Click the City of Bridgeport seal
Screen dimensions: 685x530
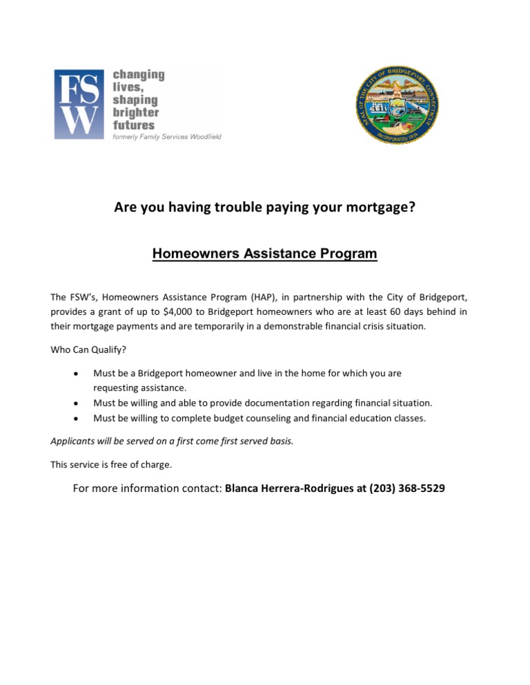(398, 105)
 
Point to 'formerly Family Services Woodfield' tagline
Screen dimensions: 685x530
(166, 138)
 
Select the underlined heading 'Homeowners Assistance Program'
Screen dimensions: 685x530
(264, 254)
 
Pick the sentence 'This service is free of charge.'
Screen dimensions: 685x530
(111, 464)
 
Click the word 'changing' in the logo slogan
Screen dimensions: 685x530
(139, 74)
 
